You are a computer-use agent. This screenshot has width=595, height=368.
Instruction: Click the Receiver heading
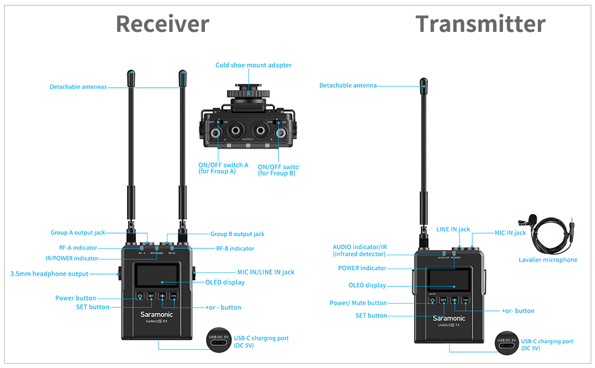click(163, 24)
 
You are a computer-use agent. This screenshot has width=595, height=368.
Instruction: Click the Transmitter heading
click(480, 24)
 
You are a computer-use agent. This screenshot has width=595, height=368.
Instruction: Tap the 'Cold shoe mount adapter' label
click(253, 65)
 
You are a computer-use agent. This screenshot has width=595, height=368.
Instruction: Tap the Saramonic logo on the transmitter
click(449, 318)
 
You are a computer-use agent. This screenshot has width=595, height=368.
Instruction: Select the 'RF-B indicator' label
click(235, 248)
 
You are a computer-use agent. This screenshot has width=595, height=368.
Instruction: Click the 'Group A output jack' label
click(78, 232)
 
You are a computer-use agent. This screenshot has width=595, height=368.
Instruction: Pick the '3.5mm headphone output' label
click(49, 274)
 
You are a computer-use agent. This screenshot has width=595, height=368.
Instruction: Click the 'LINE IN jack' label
click(453, 229)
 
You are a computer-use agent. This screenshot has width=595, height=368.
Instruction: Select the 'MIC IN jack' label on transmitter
click(510, 232)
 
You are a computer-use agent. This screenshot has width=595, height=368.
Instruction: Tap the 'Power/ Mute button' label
click(358, 302)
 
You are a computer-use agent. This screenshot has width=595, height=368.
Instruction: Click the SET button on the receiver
click(151, 296)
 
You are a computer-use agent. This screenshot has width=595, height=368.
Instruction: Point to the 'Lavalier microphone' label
click(548, 259)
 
